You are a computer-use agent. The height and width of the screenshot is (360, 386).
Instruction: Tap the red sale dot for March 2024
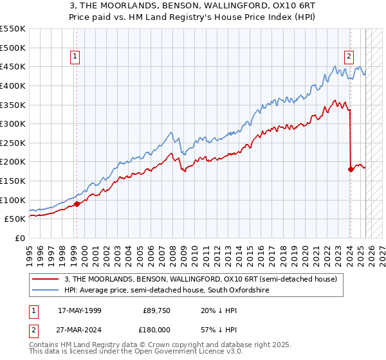pos(351,170)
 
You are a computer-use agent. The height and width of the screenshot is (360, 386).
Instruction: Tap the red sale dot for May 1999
pos(77,204)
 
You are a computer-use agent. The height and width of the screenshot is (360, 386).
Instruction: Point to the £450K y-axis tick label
pos(13,66)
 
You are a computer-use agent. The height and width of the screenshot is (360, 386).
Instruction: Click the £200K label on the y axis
pos(13,161)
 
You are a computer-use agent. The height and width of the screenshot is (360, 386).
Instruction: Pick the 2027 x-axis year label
pos(381,252)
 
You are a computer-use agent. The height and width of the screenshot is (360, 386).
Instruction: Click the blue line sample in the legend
pos(46,291)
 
